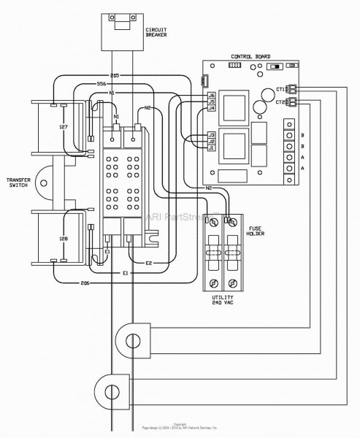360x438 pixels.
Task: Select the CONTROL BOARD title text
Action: [x=250, y=56]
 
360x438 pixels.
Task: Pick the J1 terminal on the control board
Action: [x=211, y=148]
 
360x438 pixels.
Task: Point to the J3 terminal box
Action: [x=211, y=134]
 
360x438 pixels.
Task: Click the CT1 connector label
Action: [x=281, y=90]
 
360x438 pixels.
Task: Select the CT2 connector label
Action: [x=281, y=102]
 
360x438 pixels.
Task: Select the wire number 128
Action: [x=64, y=239]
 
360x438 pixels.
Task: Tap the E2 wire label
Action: [x=149, y=262]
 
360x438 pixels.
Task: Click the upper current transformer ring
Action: [x=134, y=340]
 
